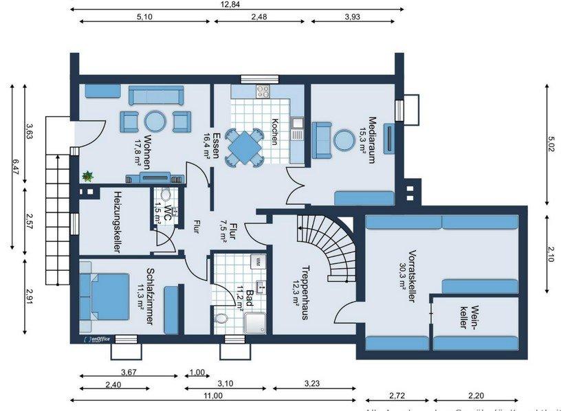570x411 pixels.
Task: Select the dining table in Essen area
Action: (244, 146)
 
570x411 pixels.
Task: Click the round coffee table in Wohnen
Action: (155, 121)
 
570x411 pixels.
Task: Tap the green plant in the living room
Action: (87, 177)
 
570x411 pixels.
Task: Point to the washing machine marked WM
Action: (258, 261)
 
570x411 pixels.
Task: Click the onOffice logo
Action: (94, 338)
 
